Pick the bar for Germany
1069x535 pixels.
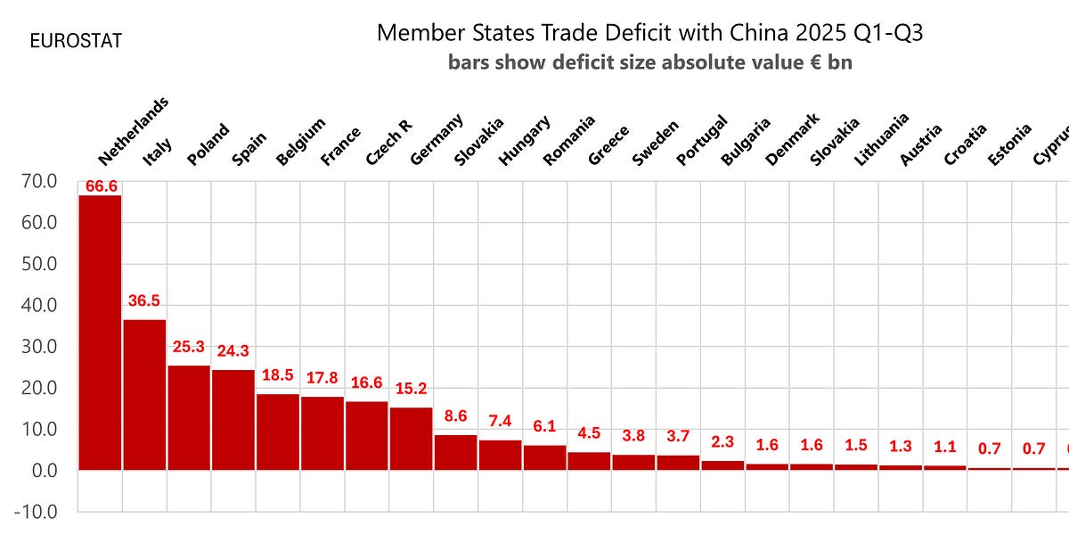(411, 438)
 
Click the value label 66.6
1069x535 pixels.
(100, 186)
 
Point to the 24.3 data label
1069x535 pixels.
(233, 351)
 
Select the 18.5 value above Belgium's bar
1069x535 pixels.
(278, 375)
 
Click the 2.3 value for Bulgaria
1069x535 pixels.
(722, 442)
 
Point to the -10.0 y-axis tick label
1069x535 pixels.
(35, 512)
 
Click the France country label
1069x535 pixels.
(342, 146)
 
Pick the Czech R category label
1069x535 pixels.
(389, 142)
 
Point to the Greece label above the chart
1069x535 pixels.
(609, 145)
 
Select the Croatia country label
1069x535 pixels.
(967, 144)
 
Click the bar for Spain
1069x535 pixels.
(233, 419)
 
